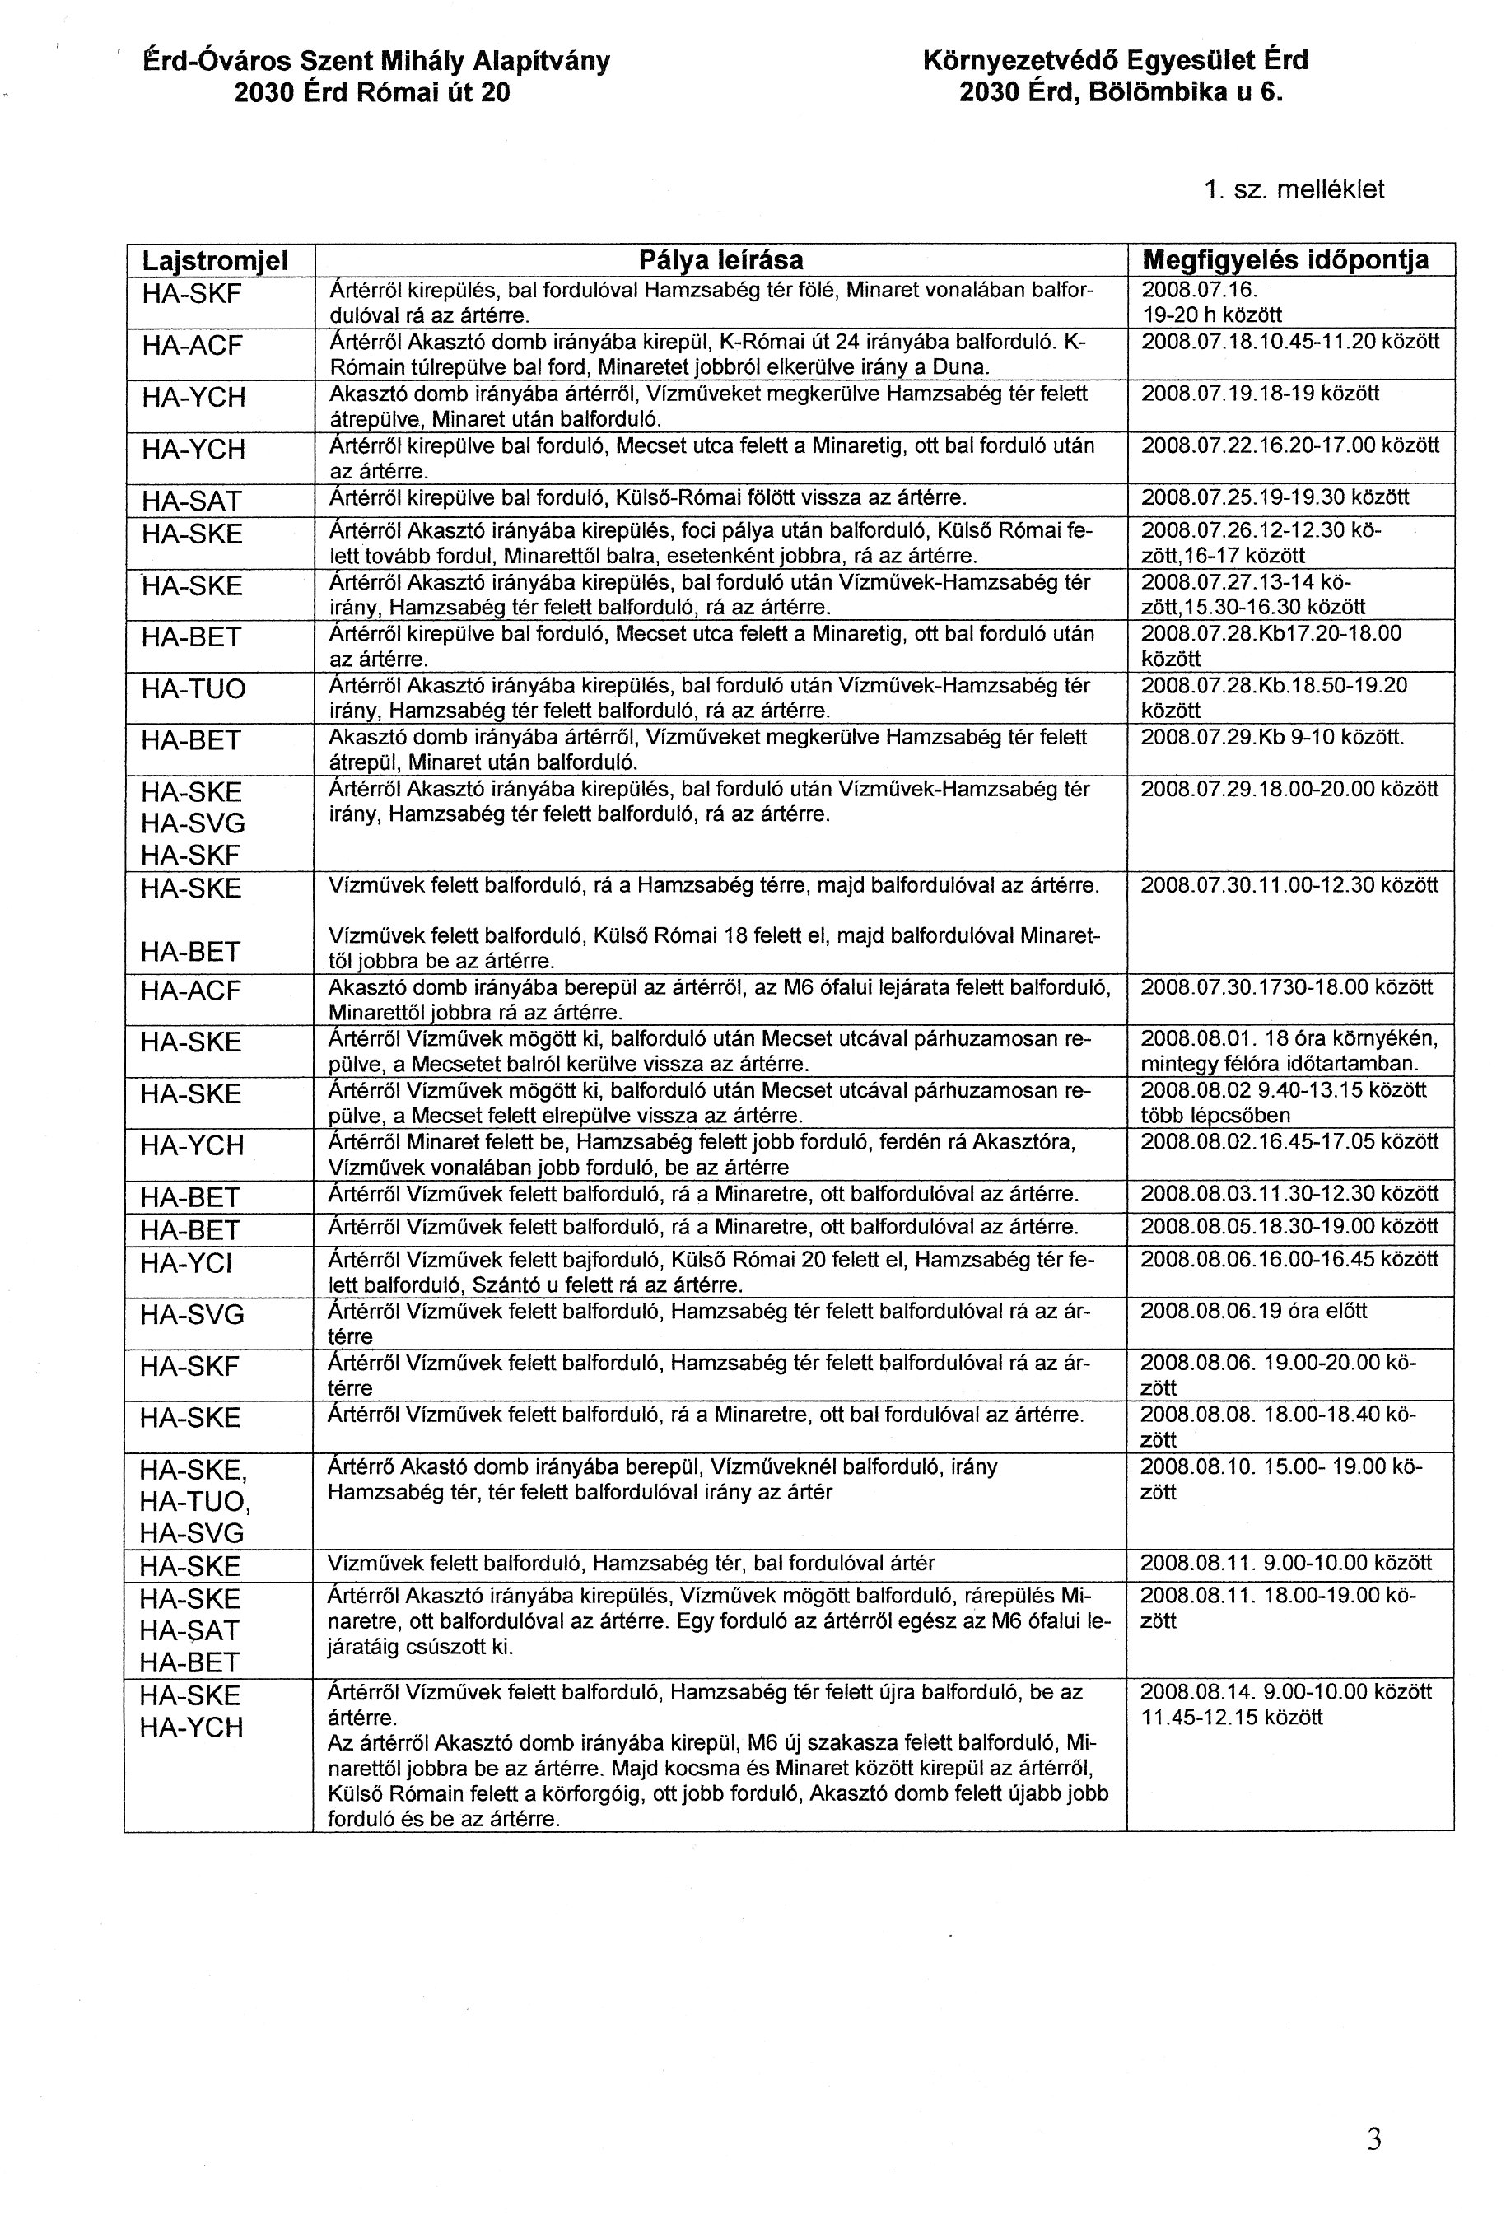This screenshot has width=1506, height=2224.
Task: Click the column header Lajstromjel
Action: coord(215,260)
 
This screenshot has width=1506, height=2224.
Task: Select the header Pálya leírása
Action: coord(720,260)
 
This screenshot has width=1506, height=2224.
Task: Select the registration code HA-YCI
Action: coord(187,1264)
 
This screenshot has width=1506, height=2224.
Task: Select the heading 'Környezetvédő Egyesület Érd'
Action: coord(1116,61)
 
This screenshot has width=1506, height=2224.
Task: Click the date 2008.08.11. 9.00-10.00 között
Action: coord(1286,1563)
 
